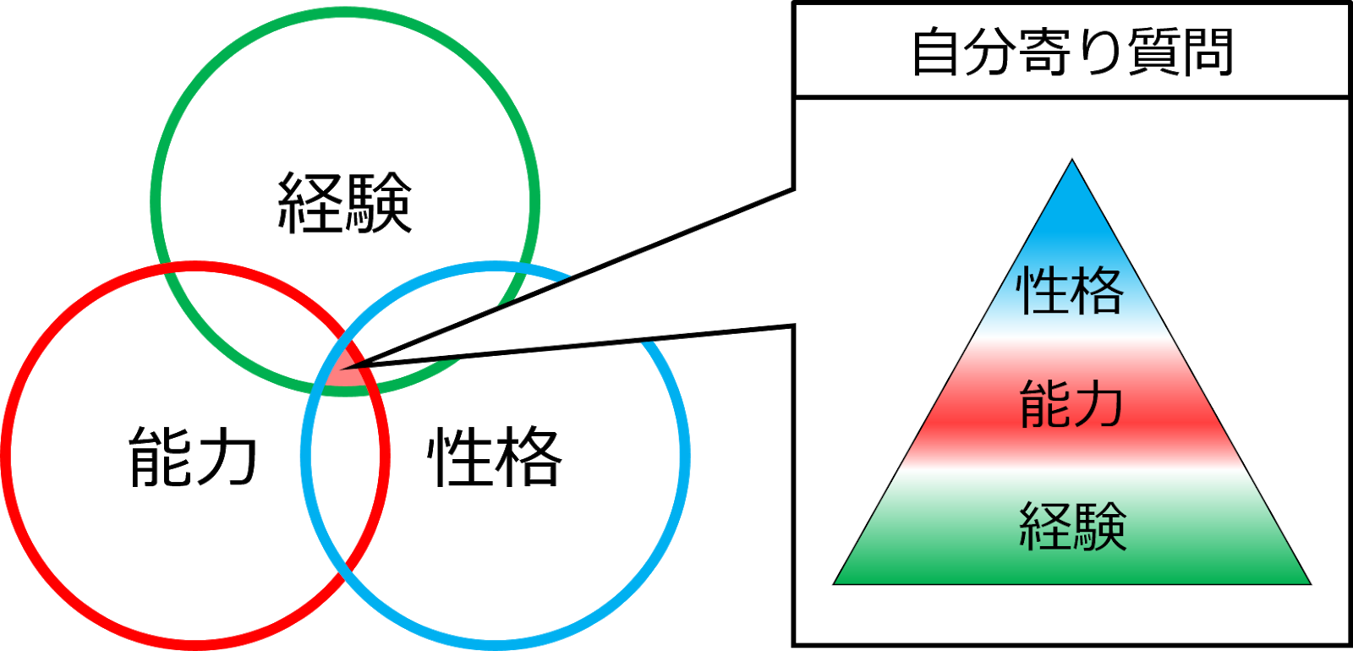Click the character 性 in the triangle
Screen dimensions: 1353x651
point(1043,292)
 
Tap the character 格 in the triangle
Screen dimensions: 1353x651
point(1098,292)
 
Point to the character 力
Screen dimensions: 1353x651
point(1098,404)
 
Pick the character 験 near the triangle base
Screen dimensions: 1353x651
point(1099,526)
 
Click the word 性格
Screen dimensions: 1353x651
point(1071,292)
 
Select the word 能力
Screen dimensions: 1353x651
point(1071,404)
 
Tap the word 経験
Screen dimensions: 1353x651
point(1072,526)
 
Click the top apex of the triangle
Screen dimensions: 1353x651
point(1072,161)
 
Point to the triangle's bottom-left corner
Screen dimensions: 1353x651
point(835,583)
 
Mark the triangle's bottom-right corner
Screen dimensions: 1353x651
point(1308,583)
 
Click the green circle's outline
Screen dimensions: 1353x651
point(345,12)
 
